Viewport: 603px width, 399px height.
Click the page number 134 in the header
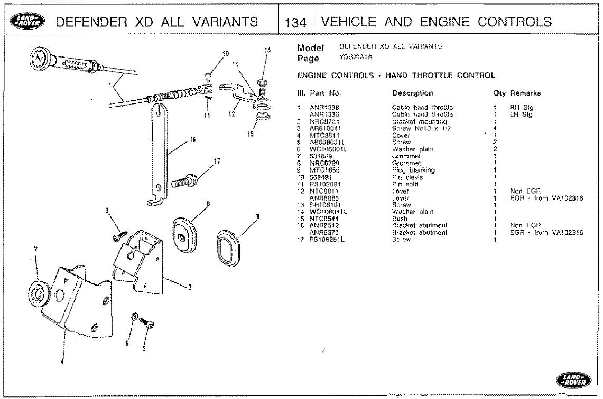click(x=293, y=22)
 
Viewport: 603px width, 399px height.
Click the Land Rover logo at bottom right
click(x=571, y=379)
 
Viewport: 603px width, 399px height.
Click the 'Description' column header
click(x=412, y=93)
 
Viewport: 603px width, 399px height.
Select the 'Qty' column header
click(x=499, y=93)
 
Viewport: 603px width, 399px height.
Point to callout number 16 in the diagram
click(x=192, y=140)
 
